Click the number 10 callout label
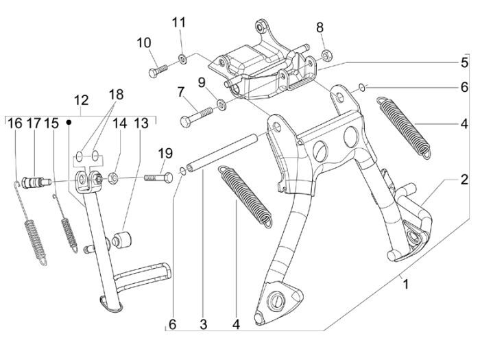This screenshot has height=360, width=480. (x=143, y=43)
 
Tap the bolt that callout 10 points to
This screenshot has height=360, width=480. (x=157, y=69)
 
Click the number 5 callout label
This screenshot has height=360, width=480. (x=463, y=61)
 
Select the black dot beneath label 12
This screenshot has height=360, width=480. (x=69, y=122)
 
